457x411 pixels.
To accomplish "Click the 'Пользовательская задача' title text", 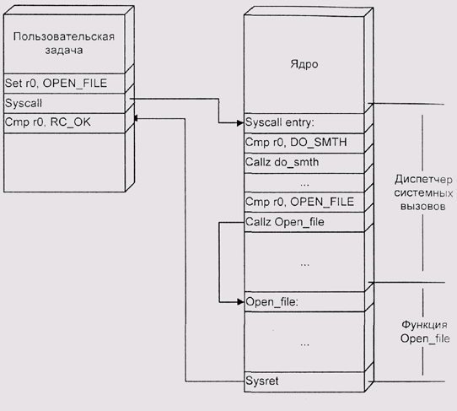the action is click(x=64, y=43).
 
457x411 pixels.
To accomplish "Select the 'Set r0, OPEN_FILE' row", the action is click(x=64, y=84).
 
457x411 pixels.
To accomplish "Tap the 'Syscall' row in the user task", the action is click(x=64, y=103).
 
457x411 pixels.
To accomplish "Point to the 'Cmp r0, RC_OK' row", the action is click(x=64, y=123).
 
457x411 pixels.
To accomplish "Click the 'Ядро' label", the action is click(x=304, y=64).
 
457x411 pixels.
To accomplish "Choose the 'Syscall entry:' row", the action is click(x=304, y=123).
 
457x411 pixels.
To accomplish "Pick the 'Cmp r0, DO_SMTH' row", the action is click(x=304, y=143).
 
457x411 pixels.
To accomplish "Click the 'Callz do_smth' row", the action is click(x=304, y=163).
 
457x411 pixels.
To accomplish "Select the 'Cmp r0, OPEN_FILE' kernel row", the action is click(x=304, y=203).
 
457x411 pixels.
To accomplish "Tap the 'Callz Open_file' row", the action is click(x=304, y=222).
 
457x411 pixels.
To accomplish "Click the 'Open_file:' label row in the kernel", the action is click(x=304, y=301).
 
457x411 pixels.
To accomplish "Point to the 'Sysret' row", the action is click(x=304, y=381).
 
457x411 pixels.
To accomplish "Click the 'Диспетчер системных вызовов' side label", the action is click(x=423, y=192).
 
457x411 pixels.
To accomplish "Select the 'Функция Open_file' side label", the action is click(x=425, y=332).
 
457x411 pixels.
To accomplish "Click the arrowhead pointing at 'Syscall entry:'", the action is click(x=241, y=123).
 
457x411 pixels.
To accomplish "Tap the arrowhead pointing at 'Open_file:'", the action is click(x=241, y=302).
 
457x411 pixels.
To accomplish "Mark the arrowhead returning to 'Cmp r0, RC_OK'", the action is click(x=136, y=118).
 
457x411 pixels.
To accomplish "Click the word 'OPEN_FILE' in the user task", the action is click(x=75, y=84).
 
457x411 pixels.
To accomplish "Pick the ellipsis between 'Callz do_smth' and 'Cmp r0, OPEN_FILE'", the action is click(x=304, y=185).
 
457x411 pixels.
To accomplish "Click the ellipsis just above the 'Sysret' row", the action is click(x=304, y=345).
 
